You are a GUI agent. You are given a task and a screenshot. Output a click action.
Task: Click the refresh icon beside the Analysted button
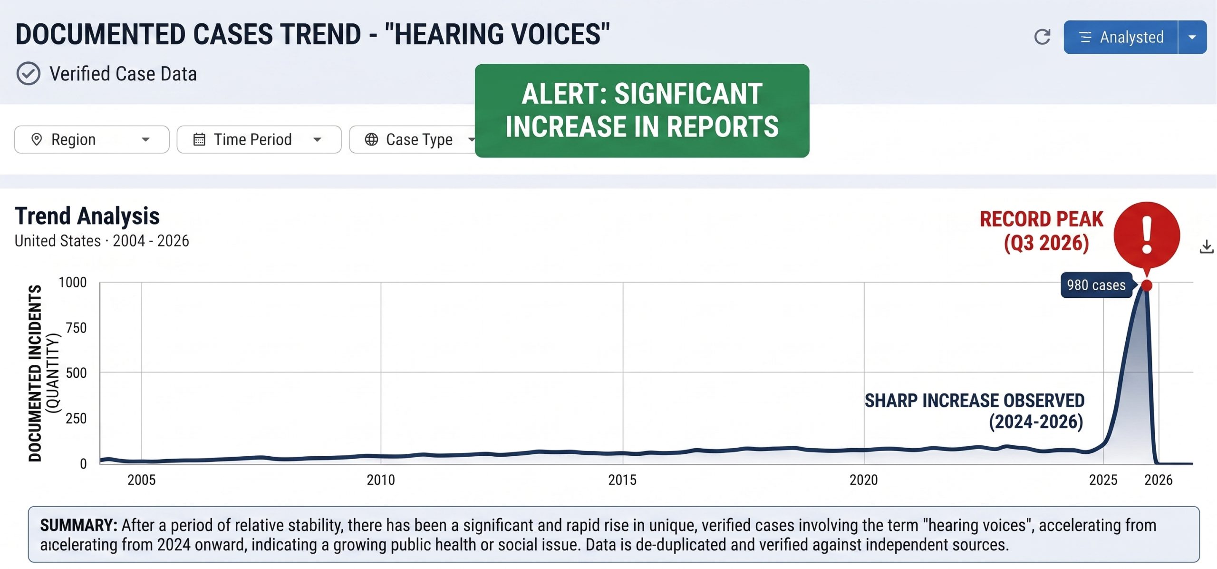pos(1042,37)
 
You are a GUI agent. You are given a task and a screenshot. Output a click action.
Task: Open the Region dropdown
pos(92,139)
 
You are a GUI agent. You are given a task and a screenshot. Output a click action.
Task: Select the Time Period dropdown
pos(259,139)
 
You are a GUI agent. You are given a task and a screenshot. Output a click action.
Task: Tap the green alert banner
pos(642,110)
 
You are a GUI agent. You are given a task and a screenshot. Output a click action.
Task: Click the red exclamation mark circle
pos(1147,235)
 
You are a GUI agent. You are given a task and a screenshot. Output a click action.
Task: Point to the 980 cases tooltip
pos(1096,285)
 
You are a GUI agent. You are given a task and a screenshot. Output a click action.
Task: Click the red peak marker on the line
pos(1147,285)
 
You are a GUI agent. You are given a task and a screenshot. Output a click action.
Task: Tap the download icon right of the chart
pos(1207,246)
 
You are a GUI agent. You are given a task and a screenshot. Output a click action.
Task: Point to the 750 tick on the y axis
pos(76,327)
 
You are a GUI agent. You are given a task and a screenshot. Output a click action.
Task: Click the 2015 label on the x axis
pos(622,480)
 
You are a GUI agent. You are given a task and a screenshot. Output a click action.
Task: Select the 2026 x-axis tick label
pos(1159,480)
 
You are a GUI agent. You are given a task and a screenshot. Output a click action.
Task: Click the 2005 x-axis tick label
pos(142,480)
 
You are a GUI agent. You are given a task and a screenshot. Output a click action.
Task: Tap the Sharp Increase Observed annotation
pos(975,411)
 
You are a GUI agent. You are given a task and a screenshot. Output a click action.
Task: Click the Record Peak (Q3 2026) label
pos(1042,231)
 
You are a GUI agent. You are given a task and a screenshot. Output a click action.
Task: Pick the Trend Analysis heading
pos(87,216)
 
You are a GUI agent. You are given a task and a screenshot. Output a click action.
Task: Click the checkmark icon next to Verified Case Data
pos(29,74)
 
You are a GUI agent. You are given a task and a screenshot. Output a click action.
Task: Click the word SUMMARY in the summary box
pos(78,525)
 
